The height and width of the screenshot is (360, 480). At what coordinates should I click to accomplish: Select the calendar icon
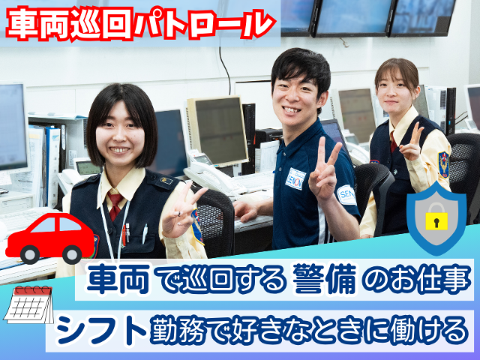point(29,304)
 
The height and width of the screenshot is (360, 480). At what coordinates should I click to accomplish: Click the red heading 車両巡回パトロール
point(141,24)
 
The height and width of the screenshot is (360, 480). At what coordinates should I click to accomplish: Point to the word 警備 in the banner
point(325,279)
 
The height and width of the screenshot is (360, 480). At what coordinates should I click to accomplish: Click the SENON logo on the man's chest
point(295,178)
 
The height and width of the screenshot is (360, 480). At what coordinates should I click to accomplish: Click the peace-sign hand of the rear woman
point(412,142)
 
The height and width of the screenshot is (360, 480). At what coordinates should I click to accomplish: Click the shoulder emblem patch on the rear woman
point(443,164)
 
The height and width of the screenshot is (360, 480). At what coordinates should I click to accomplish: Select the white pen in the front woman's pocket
point(145,234)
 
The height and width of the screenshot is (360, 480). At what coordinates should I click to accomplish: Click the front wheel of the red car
point(30,254)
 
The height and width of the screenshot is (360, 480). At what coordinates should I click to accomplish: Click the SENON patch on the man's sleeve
point(346,195)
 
